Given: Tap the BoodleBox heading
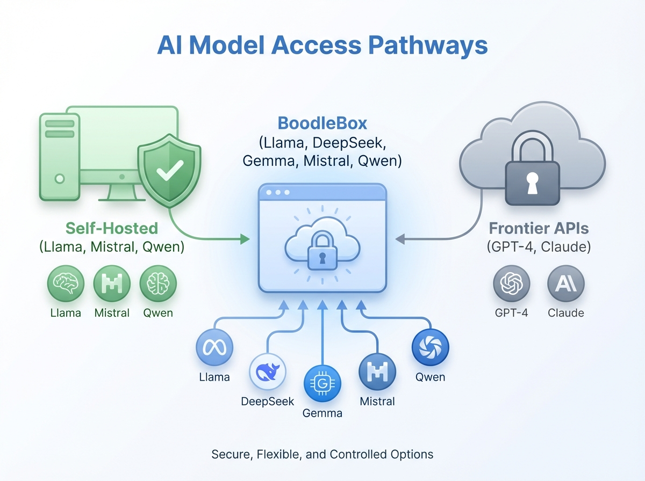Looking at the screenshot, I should [322, 123].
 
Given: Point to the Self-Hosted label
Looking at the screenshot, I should [112, 228].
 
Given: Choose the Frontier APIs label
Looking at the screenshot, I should [539, 228].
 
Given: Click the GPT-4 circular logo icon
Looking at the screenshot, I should [512, 283].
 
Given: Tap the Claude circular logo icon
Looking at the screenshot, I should [565, 283].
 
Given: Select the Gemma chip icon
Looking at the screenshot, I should [322, 384].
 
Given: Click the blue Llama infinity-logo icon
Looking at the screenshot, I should [214, 347].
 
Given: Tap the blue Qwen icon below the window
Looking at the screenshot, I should [430, 347].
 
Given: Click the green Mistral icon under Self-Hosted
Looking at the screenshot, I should [112, 283].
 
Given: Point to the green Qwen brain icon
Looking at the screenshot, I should [158, 283].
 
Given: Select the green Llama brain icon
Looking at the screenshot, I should [66, 283].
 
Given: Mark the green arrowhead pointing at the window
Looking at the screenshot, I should [245, 239].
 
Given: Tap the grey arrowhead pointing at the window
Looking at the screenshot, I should [400, 239].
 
